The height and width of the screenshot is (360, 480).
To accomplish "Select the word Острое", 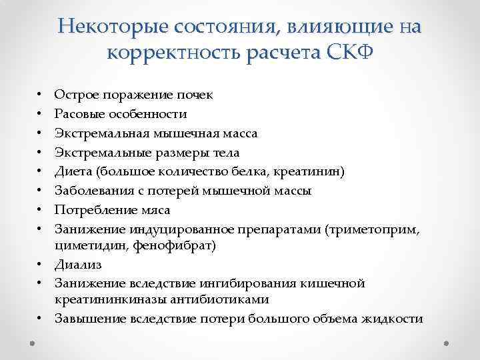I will (75, 95).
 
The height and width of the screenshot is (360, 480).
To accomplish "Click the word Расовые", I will (79, 114).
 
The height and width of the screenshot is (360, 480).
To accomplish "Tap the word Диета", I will (73, 171).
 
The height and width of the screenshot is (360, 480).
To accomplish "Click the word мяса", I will (155, 210).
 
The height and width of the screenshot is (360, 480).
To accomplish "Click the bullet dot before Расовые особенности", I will (40, 114).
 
